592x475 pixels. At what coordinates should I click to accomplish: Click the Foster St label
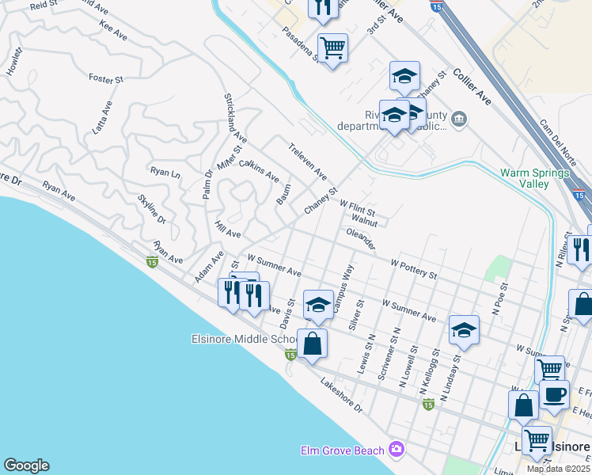coord(106,79)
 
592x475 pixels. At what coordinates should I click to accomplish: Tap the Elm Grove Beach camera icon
coord(397,450)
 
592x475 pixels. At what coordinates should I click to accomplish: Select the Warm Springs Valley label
coord(535,178)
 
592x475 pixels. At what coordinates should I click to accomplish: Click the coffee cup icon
coord(555,394)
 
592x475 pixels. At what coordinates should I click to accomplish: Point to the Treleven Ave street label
coord(308,161)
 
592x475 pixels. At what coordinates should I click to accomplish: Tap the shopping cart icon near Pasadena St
coord(332,48)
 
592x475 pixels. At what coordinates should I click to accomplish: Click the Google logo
coord(25,465)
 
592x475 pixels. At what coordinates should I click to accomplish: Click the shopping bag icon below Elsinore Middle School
coord(313,344)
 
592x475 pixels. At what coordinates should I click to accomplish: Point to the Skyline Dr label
coord(152,208)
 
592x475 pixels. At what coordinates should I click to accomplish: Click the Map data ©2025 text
coord(558,469)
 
